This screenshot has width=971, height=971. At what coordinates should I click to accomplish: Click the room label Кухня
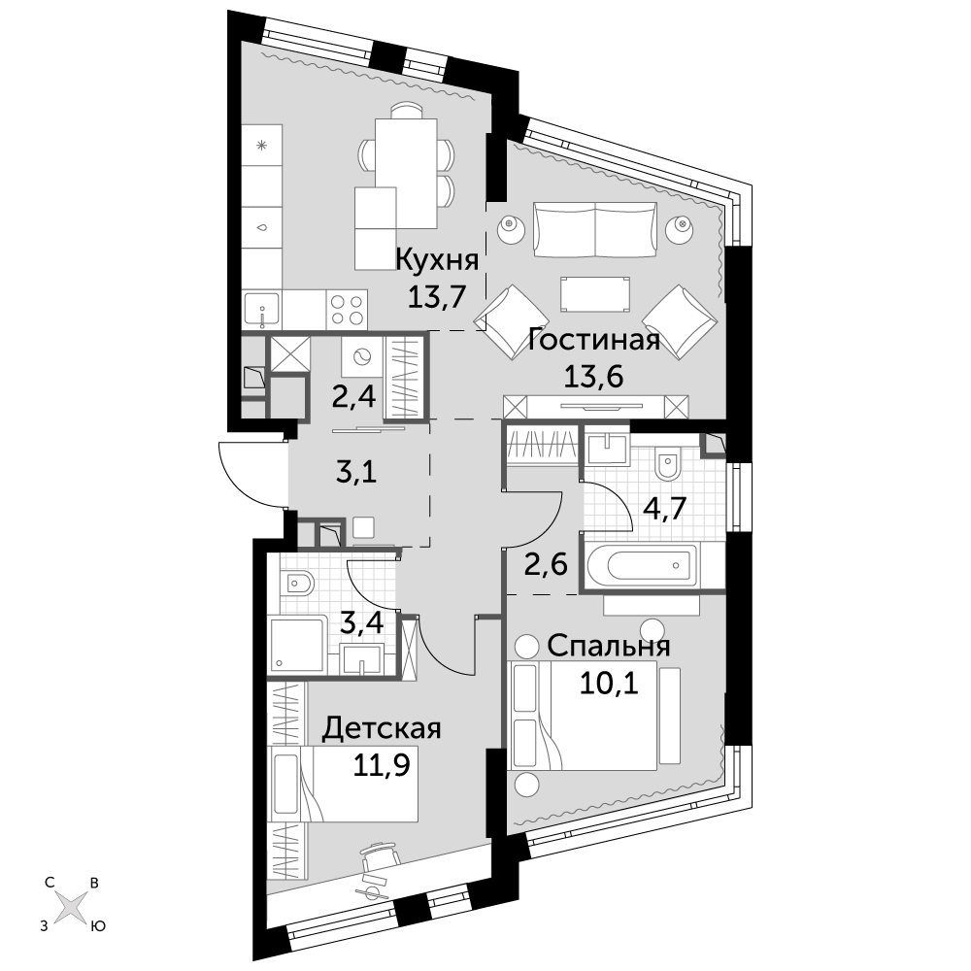pos(437,260)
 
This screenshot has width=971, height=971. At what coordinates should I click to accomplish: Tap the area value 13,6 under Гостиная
pos(593,376)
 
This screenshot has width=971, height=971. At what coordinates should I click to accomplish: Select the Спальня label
pos(608,646)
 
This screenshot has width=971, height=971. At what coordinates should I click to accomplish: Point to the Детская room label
pos(382,728)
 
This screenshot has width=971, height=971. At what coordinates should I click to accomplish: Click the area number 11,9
pos(382,765)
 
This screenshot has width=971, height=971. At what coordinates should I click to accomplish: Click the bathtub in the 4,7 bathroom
pos(643,565)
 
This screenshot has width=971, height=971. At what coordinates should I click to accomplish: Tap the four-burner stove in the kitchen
pos(347,310)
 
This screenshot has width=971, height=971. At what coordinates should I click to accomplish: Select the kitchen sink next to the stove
pos(262,311)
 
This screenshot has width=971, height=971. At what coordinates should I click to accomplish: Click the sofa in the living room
pos(594,230)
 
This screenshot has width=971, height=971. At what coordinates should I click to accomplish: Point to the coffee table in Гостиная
pos(595,294)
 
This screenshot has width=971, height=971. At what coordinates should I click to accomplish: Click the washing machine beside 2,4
pos(361,357)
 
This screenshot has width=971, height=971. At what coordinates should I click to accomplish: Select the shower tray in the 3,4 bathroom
pos(297,645)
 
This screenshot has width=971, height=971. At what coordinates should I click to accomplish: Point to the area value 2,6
pos(546,565)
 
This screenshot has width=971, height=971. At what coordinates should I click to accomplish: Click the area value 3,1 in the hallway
pos(356,473)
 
